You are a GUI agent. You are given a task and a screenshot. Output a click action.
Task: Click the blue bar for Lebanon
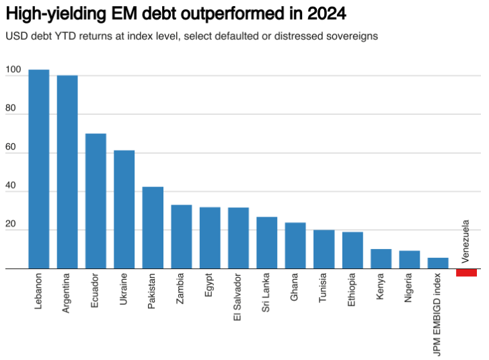38,170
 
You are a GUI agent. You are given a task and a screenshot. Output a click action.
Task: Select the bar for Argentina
67,172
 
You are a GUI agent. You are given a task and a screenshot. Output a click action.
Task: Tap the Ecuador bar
96,201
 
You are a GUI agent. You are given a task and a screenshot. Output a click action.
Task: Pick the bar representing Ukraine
124,209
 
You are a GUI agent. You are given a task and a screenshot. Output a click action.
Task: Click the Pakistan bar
153,228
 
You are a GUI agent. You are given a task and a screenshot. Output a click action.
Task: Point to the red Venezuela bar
466,273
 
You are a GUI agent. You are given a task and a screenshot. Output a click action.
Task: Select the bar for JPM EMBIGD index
438,263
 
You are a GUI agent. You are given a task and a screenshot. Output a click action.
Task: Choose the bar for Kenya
381,259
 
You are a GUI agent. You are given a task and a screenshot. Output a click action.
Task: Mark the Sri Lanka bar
267,243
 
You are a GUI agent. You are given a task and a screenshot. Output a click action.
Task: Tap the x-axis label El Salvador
238,297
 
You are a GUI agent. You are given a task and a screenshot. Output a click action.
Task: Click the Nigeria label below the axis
410,289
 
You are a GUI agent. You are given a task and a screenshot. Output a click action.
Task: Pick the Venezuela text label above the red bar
465,242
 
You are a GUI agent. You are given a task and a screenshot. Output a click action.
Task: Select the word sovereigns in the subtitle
353,35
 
